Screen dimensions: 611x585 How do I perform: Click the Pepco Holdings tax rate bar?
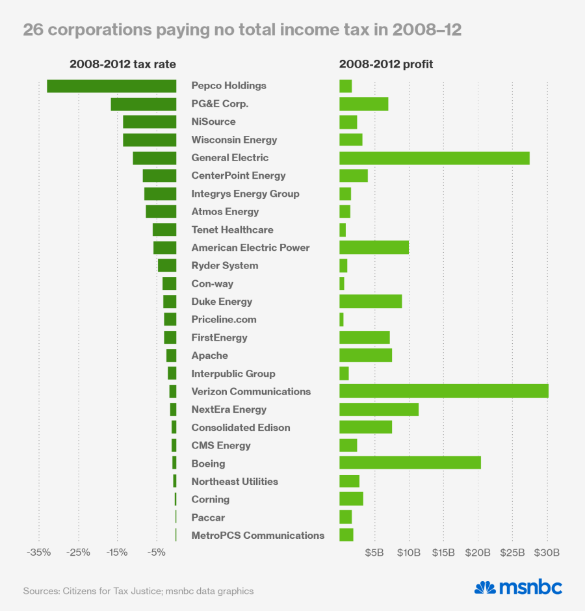pos(111,86)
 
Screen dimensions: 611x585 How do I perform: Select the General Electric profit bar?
pos(434,158)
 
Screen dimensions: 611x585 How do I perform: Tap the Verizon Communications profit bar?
pos(444,391)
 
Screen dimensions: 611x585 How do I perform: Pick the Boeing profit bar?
pos(410,463)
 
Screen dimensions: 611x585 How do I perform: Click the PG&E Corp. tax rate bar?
pos(143,104)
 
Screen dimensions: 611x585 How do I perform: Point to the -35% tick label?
pos(38,552)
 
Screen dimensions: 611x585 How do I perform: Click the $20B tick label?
pos(478,552)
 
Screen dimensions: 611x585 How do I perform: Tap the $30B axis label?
pos(547,552)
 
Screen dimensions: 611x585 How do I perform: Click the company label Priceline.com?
pos(224,319)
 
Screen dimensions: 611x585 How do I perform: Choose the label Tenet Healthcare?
pos(232,229)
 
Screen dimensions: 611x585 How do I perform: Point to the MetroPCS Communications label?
pos(257,535)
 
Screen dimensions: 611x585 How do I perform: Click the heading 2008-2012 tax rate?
pos(123,64)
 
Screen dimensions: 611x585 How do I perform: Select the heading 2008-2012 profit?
pos(386,64)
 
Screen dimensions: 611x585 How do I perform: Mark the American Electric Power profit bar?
pos(374,248)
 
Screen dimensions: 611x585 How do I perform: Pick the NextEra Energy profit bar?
pos(379,409)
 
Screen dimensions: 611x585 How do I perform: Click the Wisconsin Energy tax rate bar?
pos(149,140)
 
